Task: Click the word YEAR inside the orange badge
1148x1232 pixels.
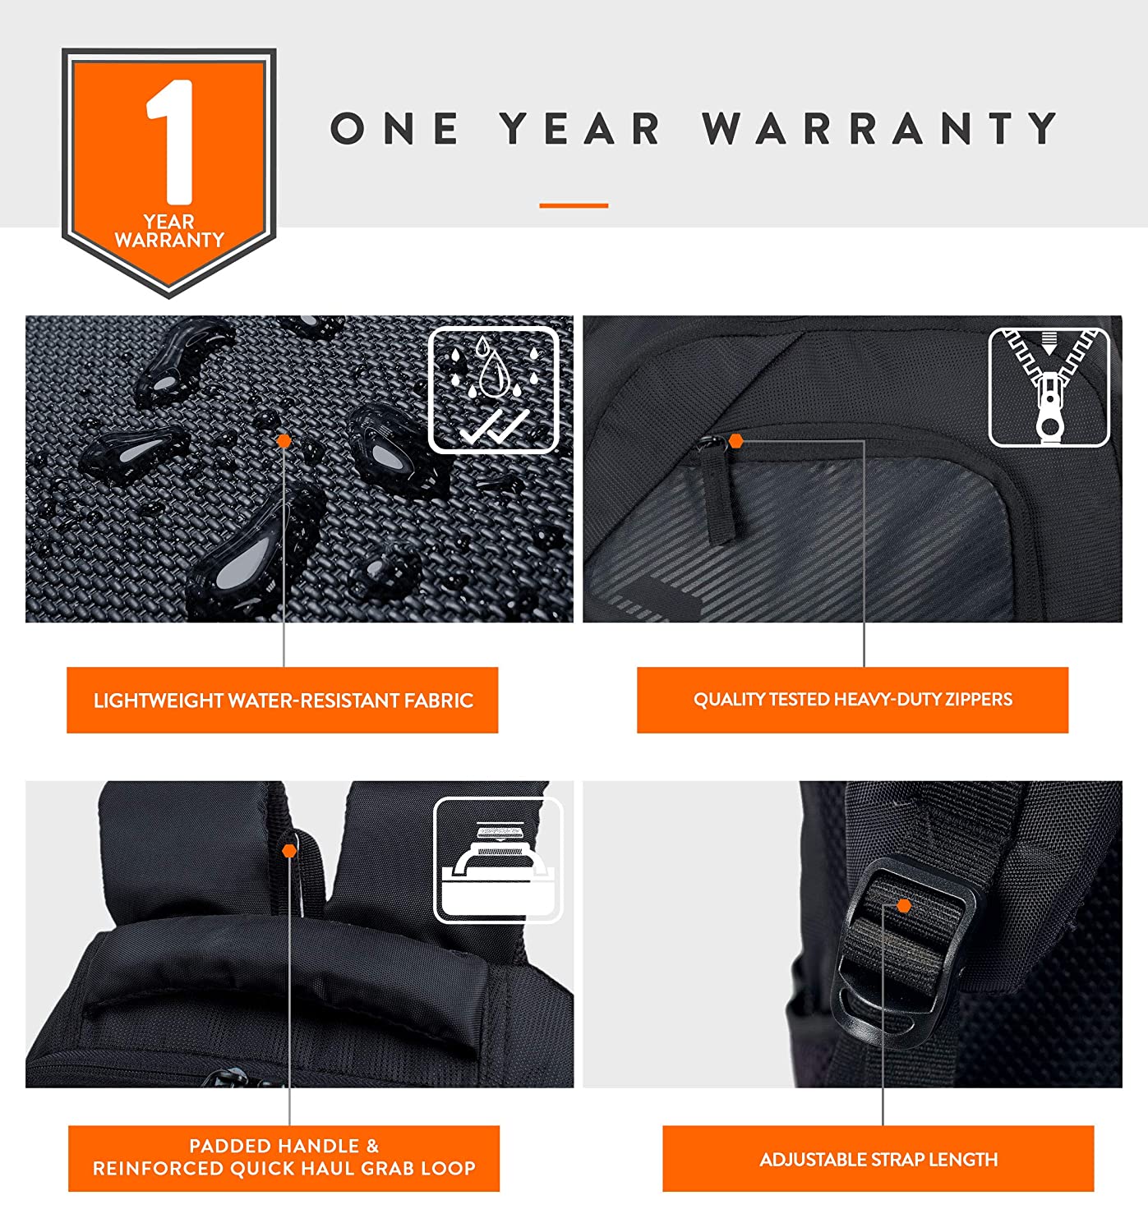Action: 169,222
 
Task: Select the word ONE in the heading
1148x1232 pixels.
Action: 395,128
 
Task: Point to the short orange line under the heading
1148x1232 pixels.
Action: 574,205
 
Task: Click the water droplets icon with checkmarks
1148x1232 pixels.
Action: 494,389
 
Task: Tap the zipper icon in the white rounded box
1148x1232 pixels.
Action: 1049,387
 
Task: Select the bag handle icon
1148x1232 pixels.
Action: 498,860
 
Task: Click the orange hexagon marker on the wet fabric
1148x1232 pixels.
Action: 284,441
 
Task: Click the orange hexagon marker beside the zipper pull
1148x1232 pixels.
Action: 735,441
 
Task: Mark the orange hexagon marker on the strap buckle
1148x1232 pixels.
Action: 904,906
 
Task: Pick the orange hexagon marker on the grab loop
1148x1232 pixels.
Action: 289,850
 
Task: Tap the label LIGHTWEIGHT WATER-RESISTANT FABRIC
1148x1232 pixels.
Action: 284,701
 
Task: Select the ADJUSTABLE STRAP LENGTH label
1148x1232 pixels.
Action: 878,1160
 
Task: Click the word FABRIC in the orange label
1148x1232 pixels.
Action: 439,701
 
